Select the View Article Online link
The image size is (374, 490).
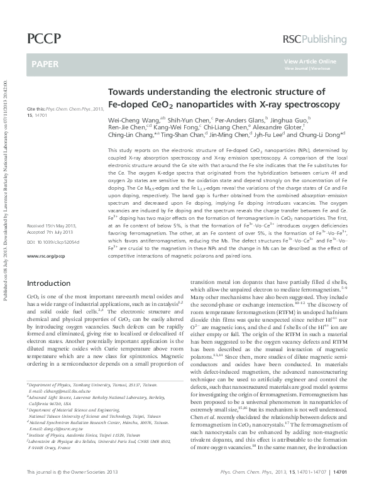coord(310,60)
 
